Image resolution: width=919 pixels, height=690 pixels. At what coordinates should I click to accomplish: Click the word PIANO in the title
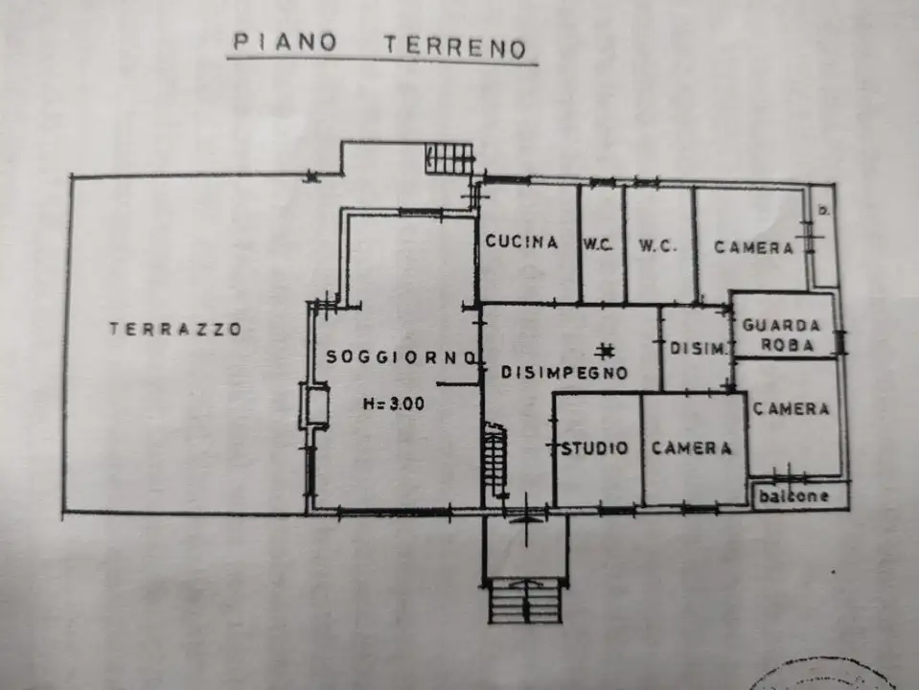pyautogui.click(x=285, y=44)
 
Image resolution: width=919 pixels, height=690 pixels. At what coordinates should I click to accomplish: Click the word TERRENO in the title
pyautogui.click(x=455, y=47)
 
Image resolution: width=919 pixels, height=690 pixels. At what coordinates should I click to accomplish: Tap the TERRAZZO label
pyautogui.click(x=175, y=329)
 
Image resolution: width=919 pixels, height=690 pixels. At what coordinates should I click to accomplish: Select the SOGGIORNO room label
pyautogui.click(x=402, y=356)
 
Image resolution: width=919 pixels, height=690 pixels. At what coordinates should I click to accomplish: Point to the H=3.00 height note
pyautogui.click(x=393, y=403)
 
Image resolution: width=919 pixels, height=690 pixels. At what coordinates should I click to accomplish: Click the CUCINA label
pyautogui.click(x=521, y=242)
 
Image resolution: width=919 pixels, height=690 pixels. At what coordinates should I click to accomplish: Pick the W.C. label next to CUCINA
pyautogui.click(x=598, y=245)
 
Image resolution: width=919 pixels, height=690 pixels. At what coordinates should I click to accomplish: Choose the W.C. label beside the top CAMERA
pyautogui.click(x=657, y=245)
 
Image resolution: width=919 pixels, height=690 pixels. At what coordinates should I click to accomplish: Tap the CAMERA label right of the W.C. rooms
pyautogui.click(x=754, y=247)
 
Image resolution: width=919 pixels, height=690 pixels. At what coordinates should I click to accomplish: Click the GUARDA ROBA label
pyautogui.click(x=783, y=334)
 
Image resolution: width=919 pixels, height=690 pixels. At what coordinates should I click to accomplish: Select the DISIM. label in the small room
pyautogui.click(x=696, y=350)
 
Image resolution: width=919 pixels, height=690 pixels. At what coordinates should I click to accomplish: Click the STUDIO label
pyautogui.click(x=595, y=448)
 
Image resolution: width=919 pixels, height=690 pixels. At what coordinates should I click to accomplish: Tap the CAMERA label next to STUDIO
pyautogui.click(x=692, y=448)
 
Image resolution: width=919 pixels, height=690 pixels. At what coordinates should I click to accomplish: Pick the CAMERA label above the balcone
pyautogui.click(x=792, y=409)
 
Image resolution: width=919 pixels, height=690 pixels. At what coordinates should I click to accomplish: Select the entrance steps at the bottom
pyautogui.click(x=525, y=601)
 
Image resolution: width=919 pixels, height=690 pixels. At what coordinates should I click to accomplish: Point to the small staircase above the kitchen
pyautogui.click(x=449, y=158)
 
